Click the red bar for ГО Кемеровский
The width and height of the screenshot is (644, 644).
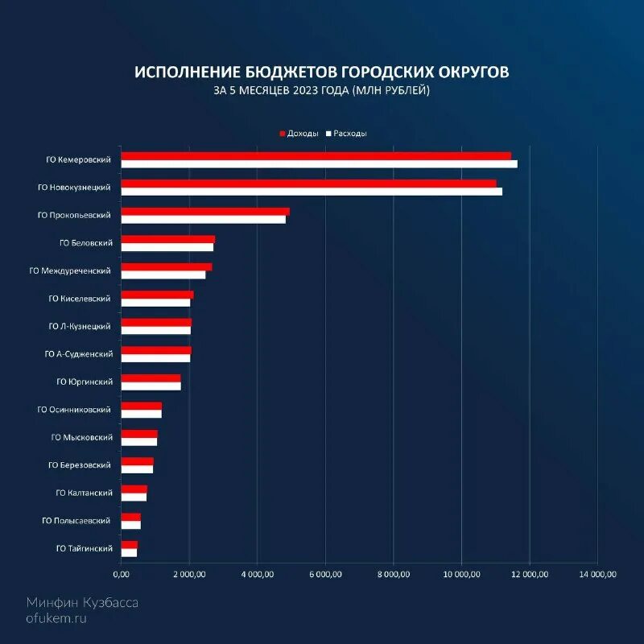coord(316,155)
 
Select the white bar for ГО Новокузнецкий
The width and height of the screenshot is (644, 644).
coord(312,192)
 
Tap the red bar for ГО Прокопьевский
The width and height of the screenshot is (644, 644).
coord(205,212)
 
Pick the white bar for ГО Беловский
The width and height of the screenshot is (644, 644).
coord(167,246)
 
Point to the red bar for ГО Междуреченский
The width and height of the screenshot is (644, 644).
coord(167,266)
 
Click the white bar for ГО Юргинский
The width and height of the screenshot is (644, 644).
coord(151,386)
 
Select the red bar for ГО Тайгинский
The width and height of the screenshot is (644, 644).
coord(130,544)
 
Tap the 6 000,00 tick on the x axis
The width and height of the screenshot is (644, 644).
coord(325,574)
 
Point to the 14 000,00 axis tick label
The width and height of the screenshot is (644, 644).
coord(597,574)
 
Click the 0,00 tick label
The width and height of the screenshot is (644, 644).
coord(121,574)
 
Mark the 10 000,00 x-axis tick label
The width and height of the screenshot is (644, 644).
coord(461,574)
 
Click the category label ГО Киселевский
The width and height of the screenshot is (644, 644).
coord(80,299)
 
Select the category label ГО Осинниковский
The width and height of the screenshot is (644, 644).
coord(74,410)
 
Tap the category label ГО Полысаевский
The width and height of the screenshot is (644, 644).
coord(76,521)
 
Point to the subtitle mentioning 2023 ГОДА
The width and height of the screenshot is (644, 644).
coord(322,91)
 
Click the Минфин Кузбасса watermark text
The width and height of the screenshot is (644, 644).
coord(82,602)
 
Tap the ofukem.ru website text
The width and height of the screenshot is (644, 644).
coord(56,618)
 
